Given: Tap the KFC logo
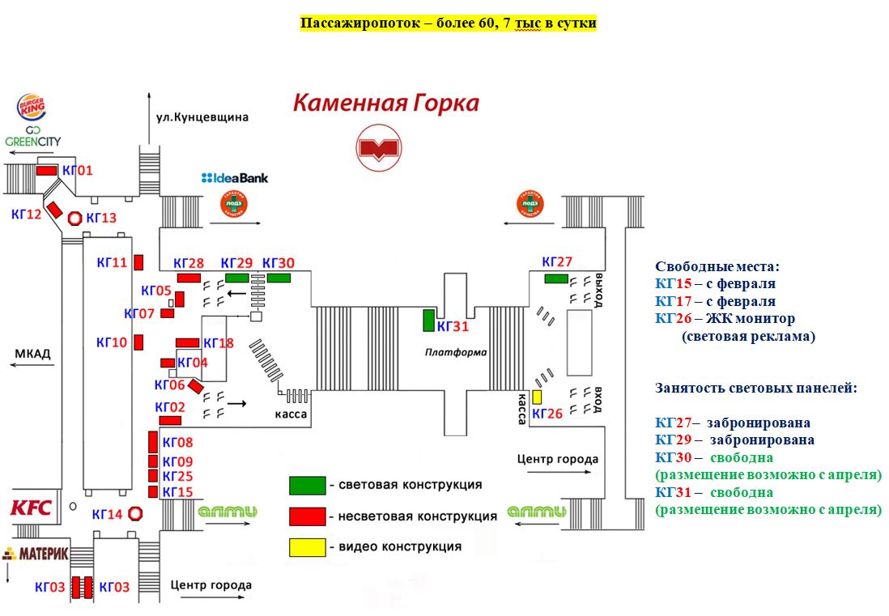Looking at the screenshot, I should [x=31, y=508].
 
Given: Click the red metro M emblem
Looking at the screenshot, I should [x=379, y=148].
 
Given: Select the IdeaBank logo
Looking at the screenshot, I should [x=235, y=178].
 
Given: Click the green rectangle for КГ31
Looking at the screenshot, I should [x=428, y=320].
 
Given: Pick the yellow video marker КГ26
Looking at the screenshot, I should [x=537, y=397].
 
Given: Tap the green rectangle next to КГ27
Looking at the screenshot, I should [x=555, y=278].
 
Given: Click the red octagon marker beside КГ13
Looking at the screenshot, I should [x=74, y=218].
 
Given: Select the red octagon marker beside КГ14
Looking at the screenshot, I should [x=135, y=513].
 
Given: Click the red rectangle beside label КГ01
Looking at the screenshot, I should [x=47, y=170].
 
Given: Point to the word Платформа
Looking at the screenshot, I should [x=456, y=352].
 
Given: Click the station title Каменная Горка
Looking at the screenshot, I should [x=385, y=104].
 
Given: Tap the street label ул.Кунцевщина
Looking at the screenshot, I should [x=202, y=117].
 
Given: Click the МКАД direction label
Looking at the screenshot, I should [x=32, y=354].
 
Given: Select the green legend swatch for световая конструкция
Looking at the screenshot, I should [x=307, y=485].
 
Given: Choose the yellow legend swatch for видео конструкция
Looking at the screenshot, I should [x=307, y=547].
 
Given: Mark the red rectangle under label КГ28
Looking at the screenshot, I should [x=189, y=278].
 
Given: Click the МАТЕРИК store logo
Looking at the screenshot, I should [x=36, y=554].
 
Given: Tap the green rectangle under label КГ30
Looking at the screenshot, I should [x=279, y=278].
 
